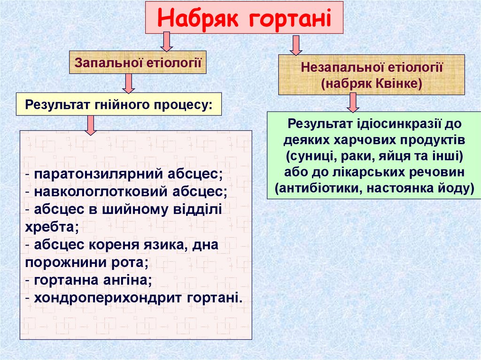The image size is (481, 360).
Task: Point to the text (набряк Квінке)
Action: click(372, 83)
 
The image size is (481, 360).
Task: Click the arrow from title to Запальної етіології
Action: click(165, 42)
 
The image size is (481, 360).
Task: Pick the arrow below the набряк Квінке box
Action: click(353, 102)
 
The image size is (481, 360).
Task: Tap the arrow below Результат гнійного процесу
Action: click(91, 124)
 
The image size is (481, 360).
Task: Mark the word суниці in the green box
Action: click(305, 156)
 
